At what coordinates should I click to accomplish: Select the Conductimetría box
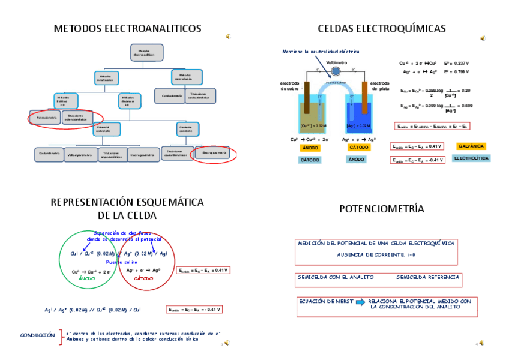pos(169,95)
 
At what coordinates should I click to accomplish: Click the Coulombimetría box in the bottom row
pos(49,155)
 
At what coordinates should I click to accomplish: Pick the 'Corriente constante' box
pos(185,128)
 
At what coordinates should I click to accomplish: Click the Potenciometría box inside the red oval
pos(46,117)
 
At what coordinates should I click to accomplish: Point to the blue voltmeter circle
pos(336,70)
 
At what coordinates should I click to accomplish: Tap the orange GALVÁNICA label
pos(471,146)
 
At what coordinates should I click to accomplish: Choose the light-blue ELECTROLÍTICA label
pos(471,158)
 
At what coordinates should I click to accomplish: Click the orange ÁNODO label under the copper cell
pos(310,148)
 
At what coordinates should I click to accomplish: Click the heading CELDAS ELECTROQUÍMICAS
pos(382,28)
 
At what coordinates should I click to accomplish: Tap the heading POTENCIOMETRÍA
pos(382,209)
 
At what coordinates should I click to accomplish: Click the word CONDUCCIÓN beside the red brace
pos(37,335)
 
